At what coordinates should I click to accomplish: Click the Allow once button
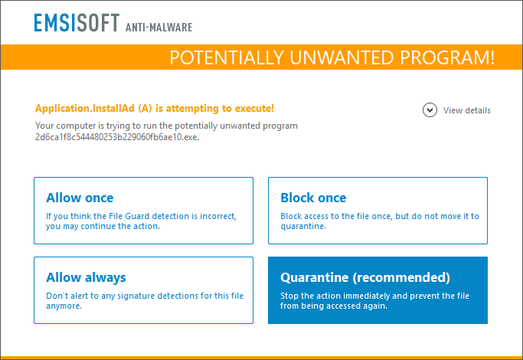coord(143,211)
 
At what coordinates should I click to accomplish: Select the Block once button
coord(378,211)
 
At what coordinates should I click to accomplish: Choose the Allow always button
coord(143,290)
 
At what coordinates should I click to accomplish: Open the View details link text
coord(467,110)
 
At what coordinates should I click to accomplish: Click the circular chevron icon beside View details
coord(430,110)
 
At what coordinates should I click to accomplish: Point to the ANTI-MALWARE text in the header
coord(159,28)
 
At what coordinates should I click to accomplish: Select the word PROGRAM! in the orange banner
coord(453,57)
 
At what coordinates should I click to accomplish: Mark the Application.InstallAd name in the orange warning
coord(84,109)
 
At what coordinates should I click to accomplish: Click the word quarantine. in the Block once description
coord(304,227)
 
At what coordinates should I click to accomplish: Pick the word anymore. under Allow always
coord(64,306)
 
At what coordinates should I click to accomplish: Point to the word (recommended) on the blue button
coord(405,277)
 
